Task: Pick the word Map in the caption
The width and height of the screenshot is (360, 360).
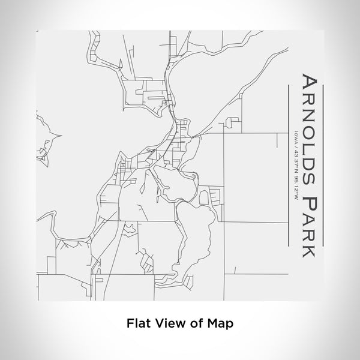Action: click(220, 322)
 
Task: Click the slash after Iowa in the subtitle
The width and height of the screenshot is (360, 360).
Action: click(296, 147)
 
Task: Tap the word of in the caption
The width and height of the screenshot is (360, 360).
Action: click(195, 322)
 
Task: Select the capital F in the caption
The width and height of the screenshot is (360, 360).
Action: click(129, 322)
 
